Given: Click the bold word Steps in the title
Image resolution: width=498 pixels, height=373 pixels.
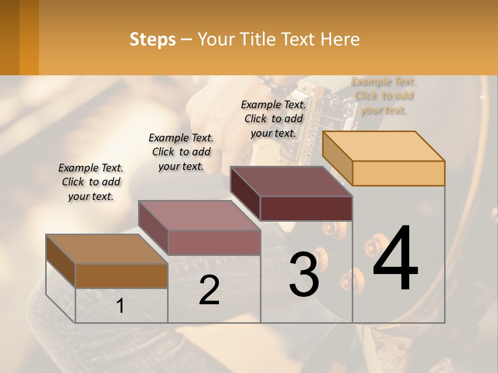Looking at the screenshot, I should (x=153, y=39).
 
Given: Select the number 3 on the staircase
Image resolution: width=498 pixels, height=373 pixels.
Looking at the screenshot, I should (x=304, y=274).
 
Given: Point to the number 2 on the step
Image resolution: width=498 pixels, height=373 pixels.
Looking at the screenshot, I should (x=209, y=290).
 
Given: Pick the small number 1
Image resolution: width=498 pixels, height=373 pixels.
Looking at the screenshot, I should (x=120, y=306).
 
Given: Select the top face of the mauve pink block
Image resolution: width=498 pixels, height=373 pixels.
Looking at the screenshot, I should (x=199, y=216).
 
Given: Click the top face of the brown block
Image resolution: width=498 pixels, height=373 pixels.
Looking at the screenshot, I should (x=107, y=249).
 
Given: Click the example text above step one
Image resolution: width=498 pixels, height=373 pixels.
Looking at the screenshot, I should (x=91, y=182).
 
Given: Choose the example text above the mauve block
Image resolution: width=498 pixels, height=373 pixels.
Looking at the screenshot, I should (x=181, y=152).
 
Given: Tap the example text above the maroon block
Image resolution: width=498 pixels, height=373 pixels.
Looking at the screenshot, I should (x=273, y=119).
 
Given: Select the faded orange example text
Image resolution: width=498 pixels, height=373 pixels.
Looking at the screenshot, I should (x=383, y=96).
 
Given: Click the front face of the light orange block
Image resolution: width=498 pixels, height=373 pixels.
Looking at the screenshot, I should (x=398, y=173).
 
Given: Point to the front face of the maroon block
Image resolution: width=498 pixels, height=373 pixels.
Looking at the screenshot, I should (x=306, y=208).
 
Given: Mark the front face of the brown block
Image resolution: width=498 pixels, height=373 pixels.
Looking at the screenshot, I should (x=121, y=276).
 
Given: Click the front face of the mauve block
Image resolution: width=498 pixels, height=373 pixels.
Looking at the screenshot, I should (x=214, y=242).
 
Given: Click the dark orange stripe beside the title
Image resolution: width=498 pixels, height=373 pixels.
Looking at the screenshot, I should (x=29, y=37).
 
